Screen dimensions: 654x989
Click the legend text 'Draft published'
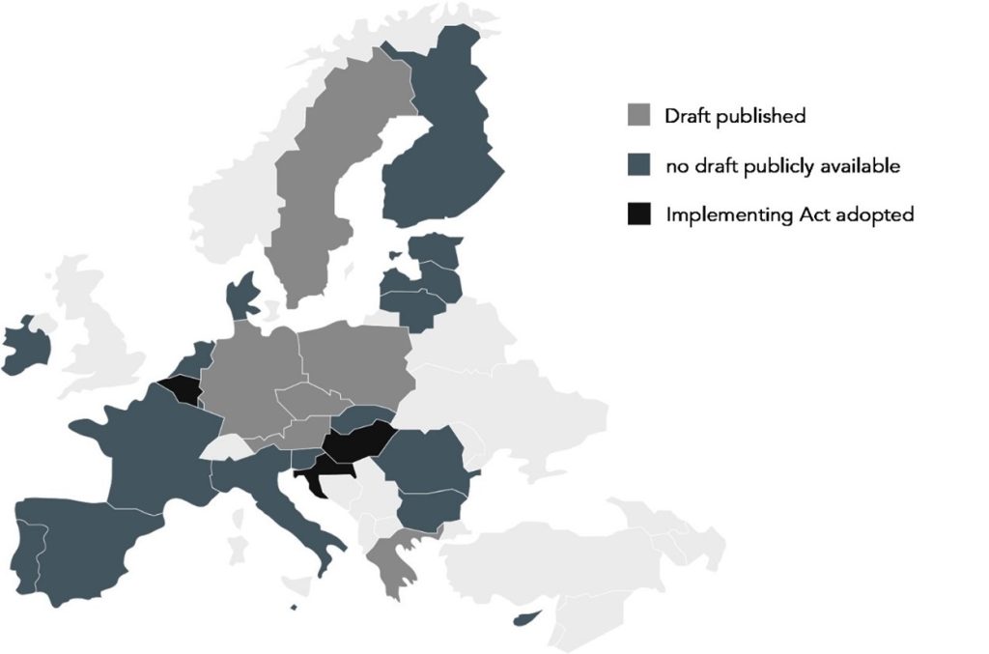click(735, 116)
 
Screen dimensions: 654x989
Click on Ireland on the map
click(27, 346)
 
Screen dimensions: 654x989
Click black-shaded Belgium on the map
click(181, 392)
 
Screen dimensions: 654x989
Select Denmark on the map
click(241, 295)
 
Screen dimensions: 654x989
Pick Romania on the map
click(425, 459)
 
